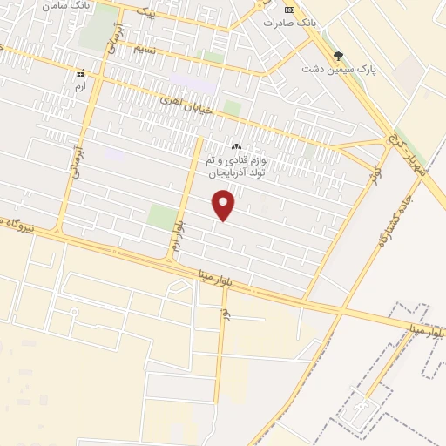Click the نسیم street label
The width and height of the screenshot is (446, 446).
coord(145,49)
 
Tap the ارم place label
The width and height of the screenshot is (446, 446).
coord(80,87)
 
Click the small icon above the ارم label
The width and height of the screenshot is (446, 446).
coord(80,75)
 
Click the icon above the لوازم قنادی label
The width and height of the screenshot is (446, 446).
coord(237,146)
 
